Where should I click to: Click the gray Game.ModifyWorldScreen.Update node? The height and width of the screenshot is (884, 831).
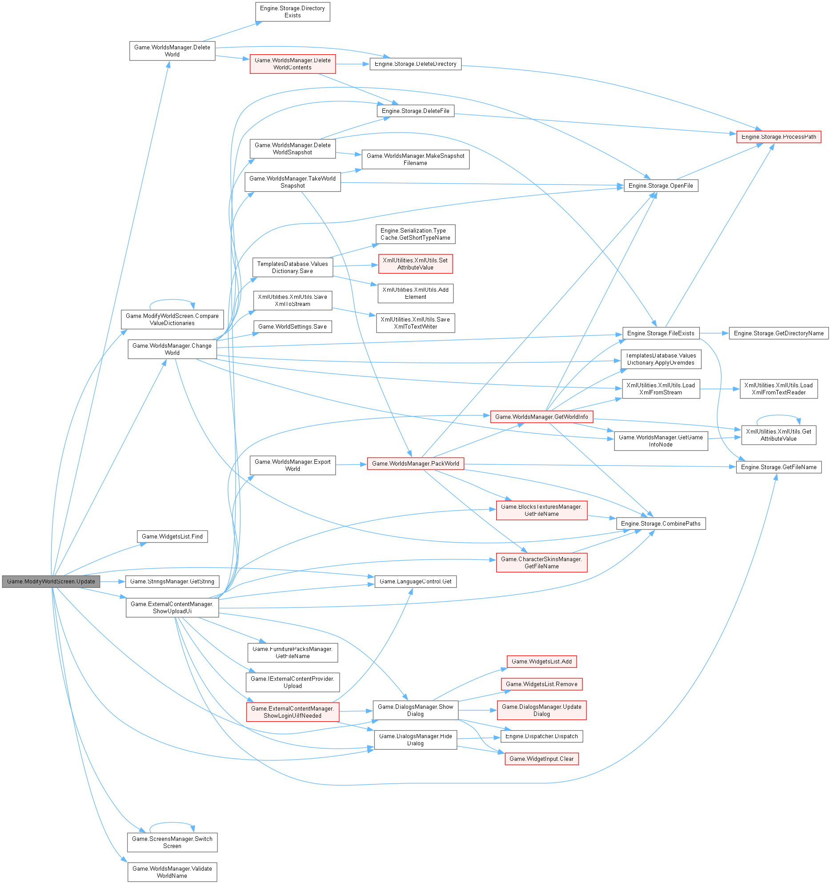[x=51, y=581]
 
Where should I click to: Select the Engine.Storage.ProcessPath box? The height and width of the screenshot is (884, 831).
[x=778, y=137]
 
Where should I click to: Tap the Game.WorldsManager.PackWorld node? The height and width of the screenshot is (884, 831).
[x=415, y=463]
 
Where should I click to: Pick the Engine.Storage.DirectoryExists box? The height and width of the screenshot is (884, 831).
[x=292, y=12]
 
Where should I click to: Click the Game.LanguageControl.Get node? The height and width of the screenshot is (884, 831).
[x=415, y=581]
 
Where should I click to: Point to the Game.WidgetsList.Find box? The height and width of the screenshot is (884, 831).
[x=172, y=536]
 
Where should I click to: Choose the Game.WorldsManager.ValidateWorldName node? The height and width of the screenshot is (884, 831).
[x=172, y=872]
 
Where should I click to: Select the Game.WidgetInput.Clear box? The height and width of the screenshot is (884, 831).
[x=541, y=759]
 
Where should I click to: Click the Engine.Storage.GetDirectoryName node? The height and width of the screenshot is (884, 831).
[x=778, y=333]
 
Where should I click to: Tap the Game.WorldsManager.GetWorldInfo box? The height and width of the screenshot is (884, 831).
[x=541, y=417]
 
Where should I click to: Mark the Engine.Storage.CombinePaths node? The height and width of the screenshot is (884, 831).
[x=660, y=523]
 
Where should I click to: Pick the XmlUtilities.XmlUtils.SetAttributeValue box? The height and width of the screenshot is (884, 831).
[x=415, y=264]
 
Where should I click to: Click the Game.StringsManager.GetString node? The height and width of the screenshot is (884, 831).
[x=172, y=581]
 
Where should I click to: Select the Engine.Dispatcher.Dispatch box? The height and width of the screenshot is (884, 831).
[x=541, y=736]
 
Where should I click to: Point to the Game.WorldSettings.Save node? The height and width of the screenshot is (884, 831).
[x=292, y=326]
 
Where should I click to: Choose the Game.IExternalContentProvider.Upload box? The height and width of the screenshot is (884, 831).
[x=292, y=682]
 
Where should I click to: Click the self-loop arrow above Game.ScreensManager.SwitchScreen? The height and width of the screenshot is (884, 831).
[x=172, y=823]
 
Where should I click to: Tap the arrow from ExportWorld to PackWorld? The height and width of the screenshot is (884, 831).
[x=351, y=464]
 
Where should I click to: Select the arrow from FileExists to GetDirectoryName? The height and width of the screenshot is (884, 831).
[x=714, y=333]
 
